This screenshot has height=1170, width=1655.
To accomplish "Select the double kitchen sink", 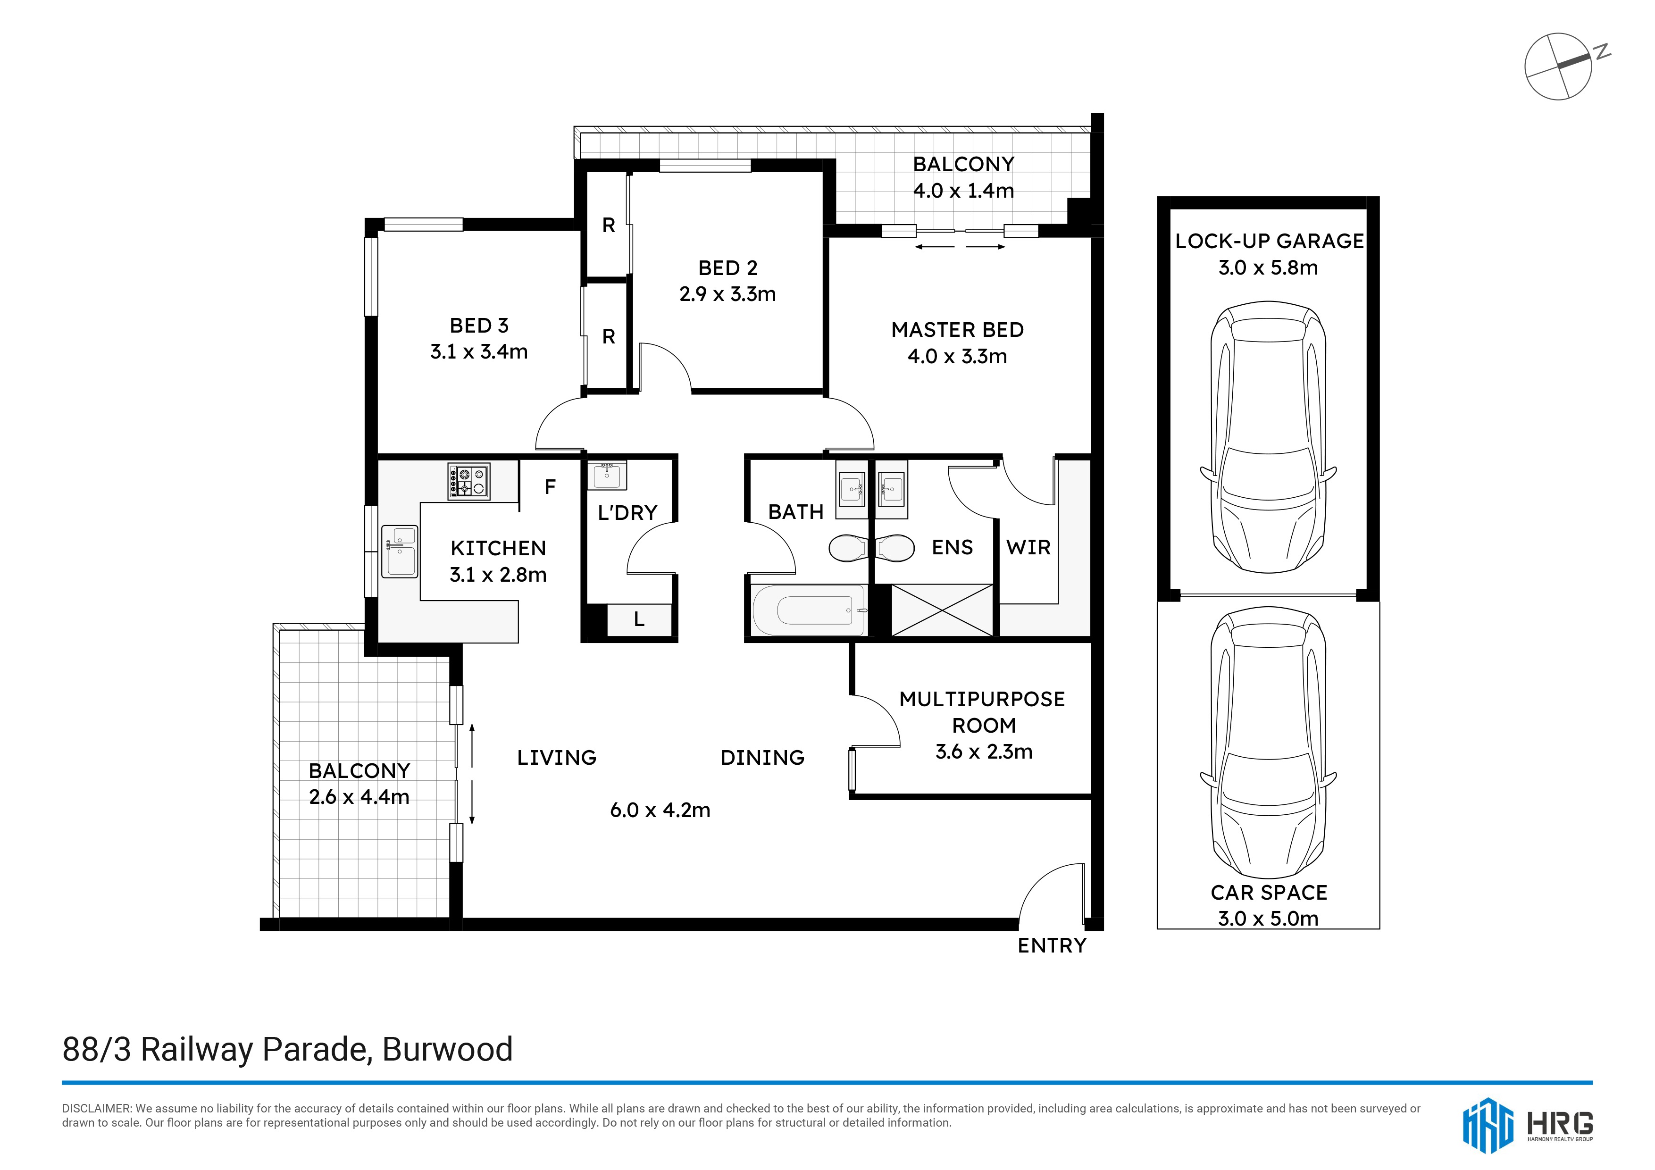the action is tap(399, 552).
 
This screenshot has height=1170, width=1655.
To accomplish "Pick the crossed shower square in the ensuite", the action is tap(942, 610).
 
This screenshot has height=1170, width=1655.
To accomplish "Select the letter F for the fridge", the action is tap(550, 487).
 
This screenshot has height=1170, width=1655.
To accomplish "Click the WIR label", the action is tap(1028, 547).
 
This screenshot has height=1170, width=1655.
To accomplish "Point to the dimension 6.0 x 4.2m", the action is tap(660, 811).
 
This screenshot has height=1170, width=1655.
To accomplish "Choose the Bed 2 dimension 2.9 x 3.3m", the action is tap(727, 294).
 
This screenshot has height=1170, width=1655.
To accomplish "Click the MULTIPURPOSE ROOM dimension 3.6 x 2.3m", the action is tap(984, 752).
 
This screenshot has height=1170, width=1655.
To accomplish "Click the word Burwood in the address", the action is tap(448, 1050).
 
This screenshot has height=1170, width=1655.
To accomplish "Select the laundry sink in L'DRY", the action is tap(607, 474).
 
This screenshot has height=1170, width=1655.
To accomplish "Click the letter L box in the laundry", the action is tap(639, 620).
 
